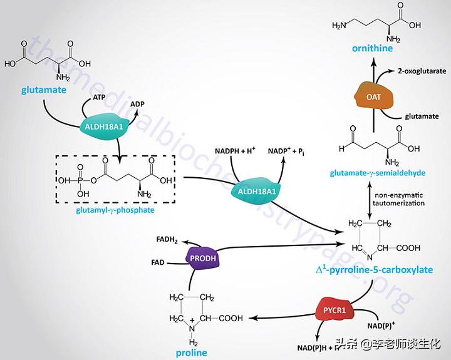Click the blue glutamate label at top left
point(43,90)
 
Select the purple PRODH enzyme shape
point(201,257)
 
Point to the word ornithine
point(373,48)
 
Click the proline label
point(192,352)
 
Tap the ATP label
point(99,98)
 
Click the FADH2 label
point(168,239)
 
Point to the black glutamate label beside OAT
point(420,116)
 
